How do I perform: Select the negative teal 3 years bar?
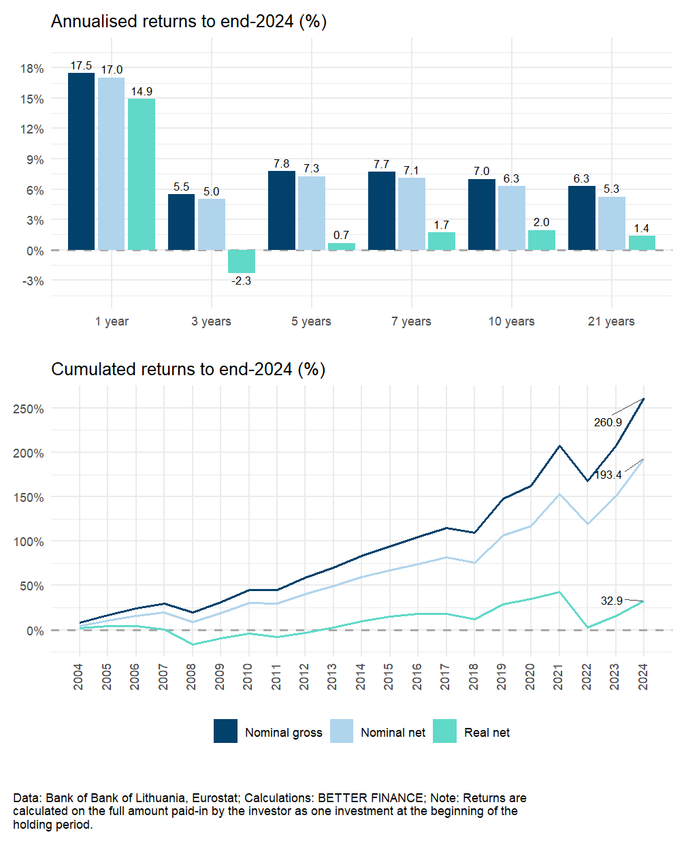[242, 261]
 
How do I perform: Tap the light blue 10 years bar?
[512, 218]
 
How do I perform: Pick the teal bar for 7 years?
[442, 241]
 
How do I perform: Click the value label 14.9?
[142, 91]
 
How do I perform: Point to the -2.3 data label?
[242, 281]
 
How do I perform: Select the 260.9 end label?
[608, 422]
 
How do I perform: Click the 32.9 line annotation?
[612, 601]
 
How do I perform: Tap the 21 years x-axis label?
[611, 321]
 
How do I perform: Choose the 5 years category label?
[311, 321]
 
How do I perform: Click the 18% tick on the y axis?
[32, 68]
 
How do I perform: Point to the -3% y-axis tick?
[32, 281]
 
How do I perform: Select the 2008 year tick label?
[192, 677]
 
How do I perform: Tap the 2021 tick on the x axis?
[559, 677]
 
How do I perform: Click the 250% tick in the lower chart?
[29, 409]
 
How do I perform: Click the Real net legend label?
[487, 733]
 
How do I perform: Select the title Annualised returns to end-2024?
[189, 22]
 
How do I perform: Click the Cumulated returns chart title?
[188, 369]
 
